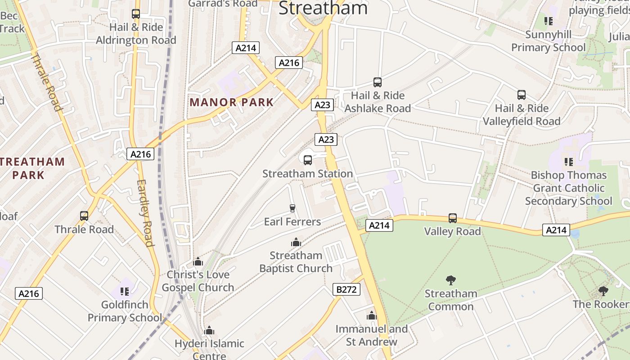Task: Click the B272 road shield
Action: coord(346,289)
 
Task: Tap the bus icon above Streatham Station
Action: coord(308,160)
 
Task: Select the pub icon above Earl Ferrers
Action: coord(292,208)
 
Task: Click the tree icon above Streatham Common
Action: coord(450,280)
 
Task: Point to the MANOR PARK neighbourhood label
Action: coord(231,102)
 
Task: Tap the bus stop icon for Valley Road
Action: coord(453,218)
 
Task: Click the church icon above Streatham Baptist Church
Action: coord(296,242)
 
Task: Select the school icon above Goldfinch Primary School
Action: coord(125,292)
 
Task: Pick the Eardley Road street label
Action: coord(145,213)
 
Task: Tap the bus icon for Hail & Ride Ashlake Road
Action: coord(378,82)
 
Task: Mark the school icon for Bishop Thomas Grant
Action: coord(568,162)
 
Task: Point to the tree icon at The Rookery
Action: coord(603,291)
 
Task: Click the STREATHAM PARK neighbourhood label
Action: coord(32,168)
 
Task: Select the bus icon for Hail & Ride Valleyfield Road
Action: coord(522,95)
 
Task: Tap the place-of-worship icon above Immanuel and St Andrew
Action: coord(371,315)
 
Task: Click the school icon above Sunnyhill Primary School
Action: coord(548,21)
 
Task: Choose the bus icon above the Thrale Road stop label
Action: coord(84,216)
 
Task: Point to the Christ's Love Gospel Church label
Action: coord(198,281)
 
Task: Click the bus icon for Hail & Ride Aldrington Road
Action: coord(136,14)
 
